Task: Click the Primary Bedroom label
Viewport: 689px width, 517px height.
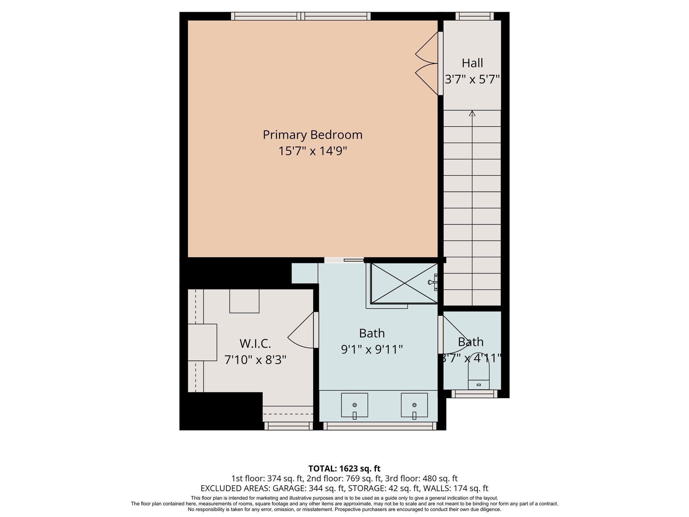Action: pyautogui.click(x=313, y=135)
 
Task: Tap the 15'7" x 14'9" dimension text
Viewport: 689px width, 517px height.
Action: pyautogui.click(x=313, y=151)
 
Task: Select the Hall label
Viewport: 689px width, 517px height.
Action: pyautogui.click(x=472, y=63)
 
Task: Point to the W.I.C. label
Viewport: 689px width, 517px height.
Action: pyautogui.click(x=255, y=344)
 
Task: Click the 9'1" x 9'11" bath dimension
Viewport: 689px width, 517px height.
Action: pyautogui.click(x=372, y=349)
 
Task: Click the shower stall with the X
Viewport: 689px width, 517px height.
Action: pyautogui.click(x=404, y=283)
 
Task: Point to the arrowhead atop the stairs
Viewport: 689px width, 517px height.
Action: pyautogui.click(x=472, y=113)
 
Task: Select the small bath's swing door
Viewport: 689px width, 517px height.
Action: pyautogui.click(x=452, y=335)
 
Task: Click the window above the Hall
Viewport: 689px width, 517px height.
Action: pyautogui.click(x=474, y=16)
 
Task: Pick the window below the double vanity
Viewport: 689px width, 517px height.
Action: pyautogui.click(x=379, y=426)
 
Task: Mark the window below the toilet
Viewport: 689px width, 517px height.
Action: pyautogui.click(x=474, y=394)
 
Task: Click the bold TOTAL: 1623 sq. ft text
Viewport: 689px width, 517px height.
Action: pyautogui.click(x=344, y=469)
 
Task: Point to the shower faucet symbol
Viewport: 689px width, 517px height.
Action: pyautogui.click(x=433, y=282)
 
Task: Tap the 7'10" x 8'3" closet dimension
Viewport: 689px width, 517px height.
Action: pyautogui.click(x=255, y=360)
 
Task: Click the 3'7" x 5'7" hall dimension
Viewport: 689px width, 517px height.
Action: pyautogui.click(x=472, y=79)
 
